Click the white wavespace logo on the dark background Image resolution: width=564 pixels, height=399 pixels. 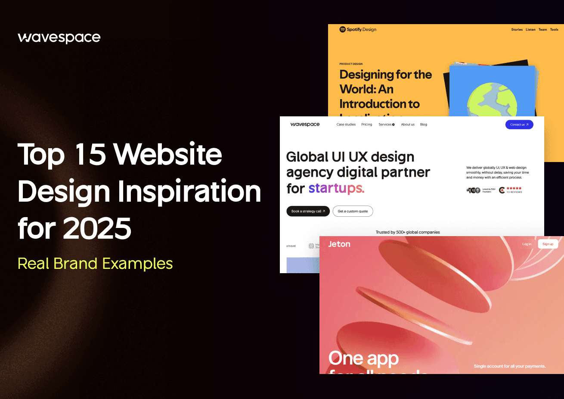click(x=59, y=38)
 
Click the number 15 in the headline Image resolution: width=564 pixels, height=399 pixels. click(x=90, y=154)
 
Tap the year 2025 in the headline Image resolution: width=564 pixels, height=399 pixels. click(x=97, y=228)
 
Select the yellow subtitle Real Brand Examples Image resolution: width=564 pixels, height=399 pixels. click(x=95, y=264)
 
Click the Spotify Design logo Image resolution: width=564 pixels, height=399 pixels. click(x=358, y=30)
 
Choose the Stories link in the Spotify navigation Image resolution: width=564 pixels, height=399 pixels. click(x=517, y=30)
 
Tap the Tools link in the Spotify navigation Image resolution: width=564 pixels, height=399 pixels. click(x=554, y=30)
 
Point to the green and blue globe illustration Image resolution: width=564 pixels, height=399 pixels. click(x=492, y=101)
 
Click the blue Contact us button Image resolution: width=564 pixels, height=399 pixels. click(x=519, y=125)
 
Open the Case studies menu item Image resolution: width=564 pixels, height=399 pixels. click(x=346, y=125)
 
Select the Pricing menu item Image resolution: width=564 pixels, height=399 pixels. click(x=367, y=125)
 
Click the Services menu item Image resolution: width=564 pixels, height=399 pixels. click(x=386, y=125)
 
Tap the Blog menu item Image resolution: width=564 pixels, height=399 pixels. click(x=424, y=125)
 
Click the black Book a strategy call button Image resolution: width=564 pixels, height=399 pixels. click(x=308, y=211)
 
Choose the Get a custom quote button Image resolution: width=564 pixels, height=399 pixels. click(x=353, y=211)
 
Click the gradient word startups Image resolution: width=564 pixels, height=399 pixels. click(x=336, y=188)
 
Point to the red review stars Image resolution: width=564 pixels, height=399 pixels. click(x=514, y=188)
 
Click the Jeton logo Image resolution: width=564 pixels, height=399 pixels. click(x=339, y=244)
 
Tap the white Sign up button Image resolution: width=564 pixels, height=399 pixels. click(x=548, y=244)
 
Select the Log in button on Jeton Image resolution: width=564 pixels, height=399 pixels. click(x=527, y=244)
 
